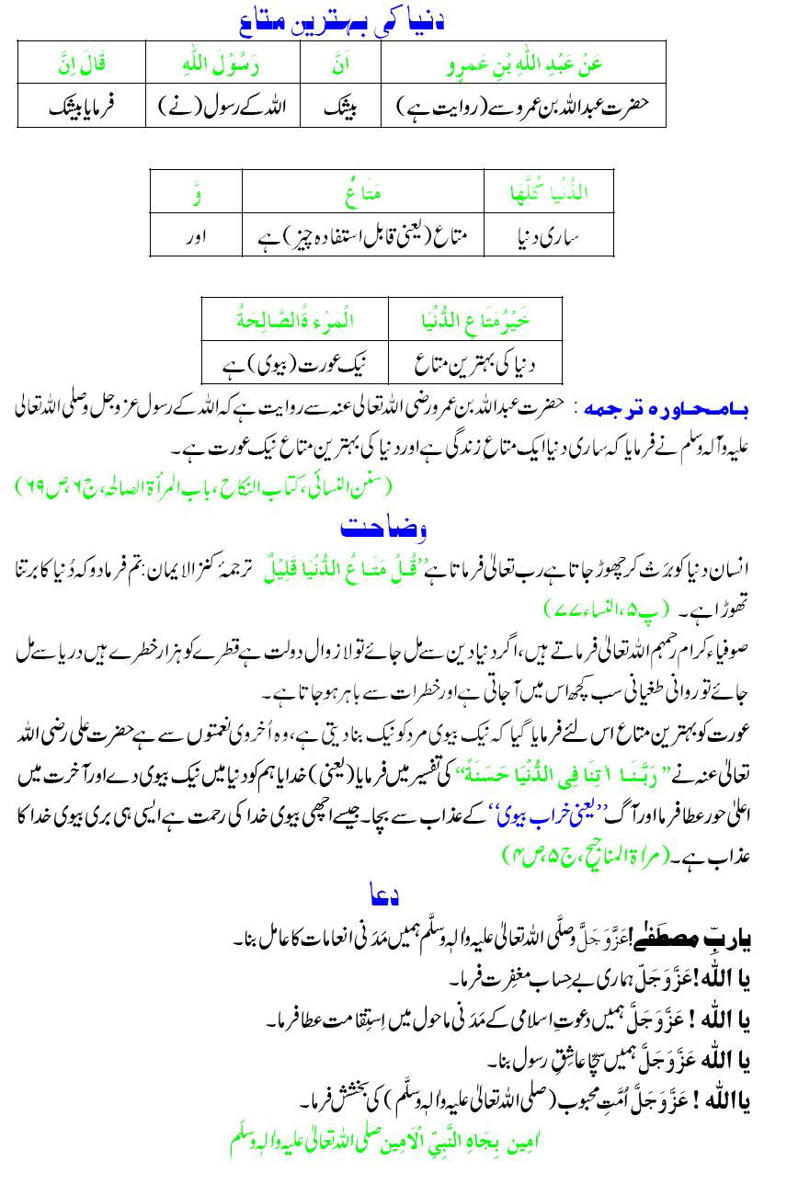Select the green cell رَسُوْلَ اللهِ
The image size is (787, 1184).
point(222,64)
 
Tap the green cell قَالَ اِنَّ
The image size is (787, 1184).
point(82,64)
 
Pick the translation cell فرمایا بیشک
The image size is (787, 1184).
point(82,106)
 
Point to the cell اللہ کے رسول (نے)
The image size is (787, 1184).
point(222,106)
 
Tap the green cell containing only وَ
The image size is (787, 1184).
point(195,193)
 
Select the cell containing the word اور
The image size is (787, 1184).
point(195,235)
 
